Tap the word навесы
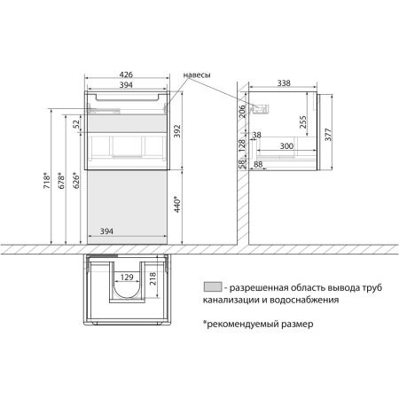coord(197,75)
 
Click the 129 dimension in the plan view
coord(127,278)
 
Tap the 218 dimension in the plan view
coord(153,279)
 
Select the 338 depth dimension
coord(283,82)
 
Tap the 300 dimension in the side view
coord(286,145)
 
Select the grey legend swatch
coord(211,286)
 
